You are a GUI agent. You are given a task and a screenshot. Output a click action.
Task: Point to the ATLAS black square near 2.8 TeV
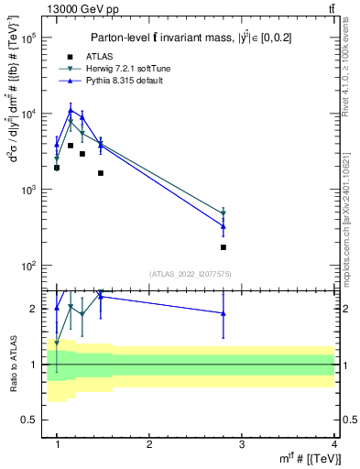[x=224, y=247]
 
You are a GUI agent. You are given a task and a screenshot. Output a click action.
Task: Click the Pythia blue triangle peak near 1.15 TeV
[x=71, y=110]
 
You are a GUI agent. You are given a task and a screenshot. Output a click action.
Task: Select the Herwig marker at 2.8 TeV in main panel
[x=224, y=213]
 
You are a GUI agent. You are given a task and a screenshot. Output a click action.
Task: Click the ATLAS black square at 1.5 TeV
[x=101, y=173]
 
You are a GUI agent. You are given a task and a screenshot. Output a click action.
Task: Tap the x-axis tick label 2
[x=149, y=444]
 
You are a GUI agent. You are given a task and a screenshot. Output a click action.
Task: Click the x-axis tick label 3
[x=242, y=444]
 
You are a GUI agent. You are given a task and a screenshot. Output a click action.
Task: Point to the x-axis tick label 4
[x=334, y=444]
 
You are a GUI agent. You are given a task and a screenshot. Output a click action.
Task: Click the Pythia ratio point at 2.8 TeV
[x=224, y=313]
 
